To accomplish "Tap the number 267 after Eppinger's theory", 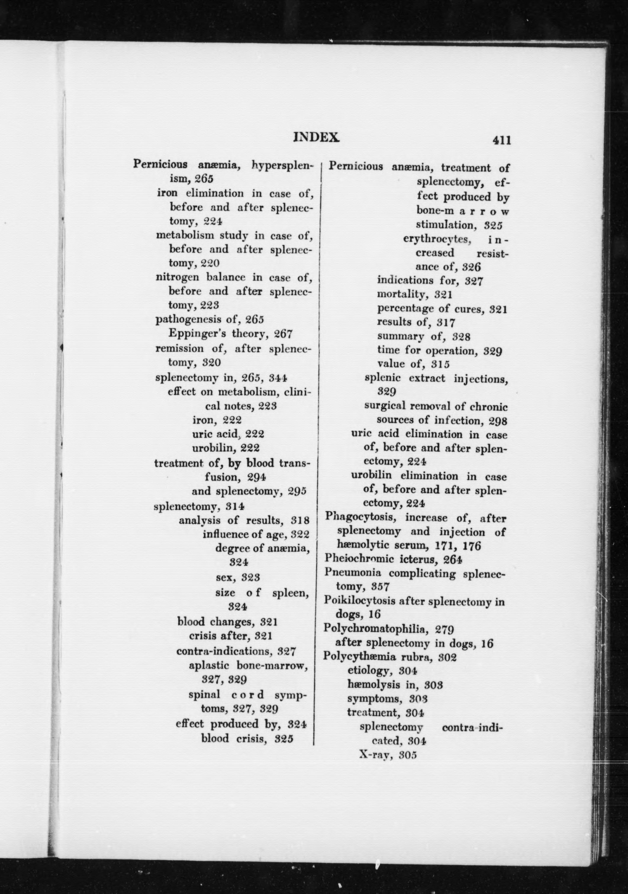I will (x=283, y=334).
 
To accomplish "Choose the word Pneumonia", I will (x=352, y=574).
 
